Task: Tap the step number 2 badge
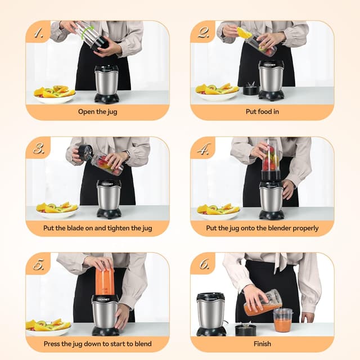(x=203, y=33)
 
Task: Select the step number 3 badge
(x=38, y=148)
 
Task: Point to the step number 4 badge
(x=203, y=148)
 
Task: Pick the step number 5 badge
(x=38, y=264)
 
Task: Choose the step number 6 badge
(x=203, y=264)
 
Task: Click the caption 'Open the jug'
(x=97, y=112)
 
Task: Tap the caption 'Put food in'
(x=262, y=112)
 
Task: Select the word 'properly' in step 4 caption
(x=304, y=228)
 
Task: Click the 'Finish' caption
(x=262, y=344)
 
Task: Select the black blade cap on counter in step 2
(x=250, y=89)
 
